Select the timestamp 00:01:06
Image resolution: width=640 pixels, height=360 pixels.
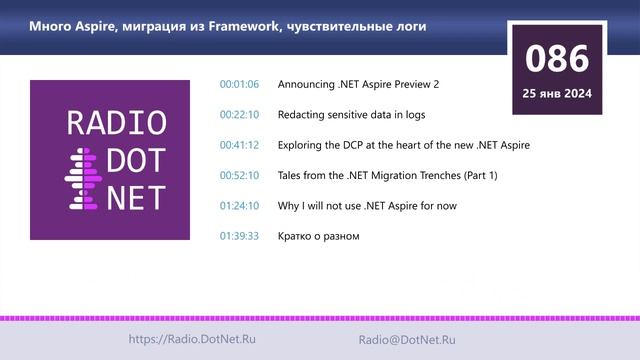tap(239, 84)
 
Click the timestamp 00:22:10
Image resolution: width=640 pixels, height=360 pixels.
tap(239, 115)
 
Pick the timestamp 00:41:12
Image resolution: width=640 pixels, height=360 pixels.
tap(239, 145)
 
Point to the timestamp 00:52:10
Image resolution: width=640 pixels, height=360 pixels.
tap(239, 175)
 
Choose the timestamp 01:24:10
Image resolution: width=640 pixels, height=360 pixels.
tap(239, 206)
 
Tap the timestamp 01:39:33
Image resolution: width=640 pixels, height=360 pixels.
tap(239, 236)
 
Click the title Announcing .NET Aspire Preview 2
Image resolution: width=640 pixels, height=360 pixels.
tap(358, 84)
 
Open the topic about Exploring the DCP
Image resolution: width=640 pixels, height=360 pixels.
tap(403, 145)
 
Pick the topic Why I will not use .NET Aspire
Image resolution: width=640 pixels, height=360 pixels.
tap(369, 206)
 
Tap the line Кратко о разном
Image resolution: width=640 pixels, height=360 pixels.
tap(318, 236)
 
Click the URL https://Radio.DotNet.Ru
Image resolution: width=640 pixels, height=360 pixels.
tap(192, 340)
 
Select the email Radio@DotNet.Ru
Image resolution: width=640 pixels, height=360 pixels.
tap(407, 340)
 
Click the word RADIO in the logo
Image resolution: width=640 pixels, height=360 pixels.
tap(116, 123)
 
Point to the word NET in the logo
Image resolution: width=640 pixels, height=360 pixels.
tap(134, 195)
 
